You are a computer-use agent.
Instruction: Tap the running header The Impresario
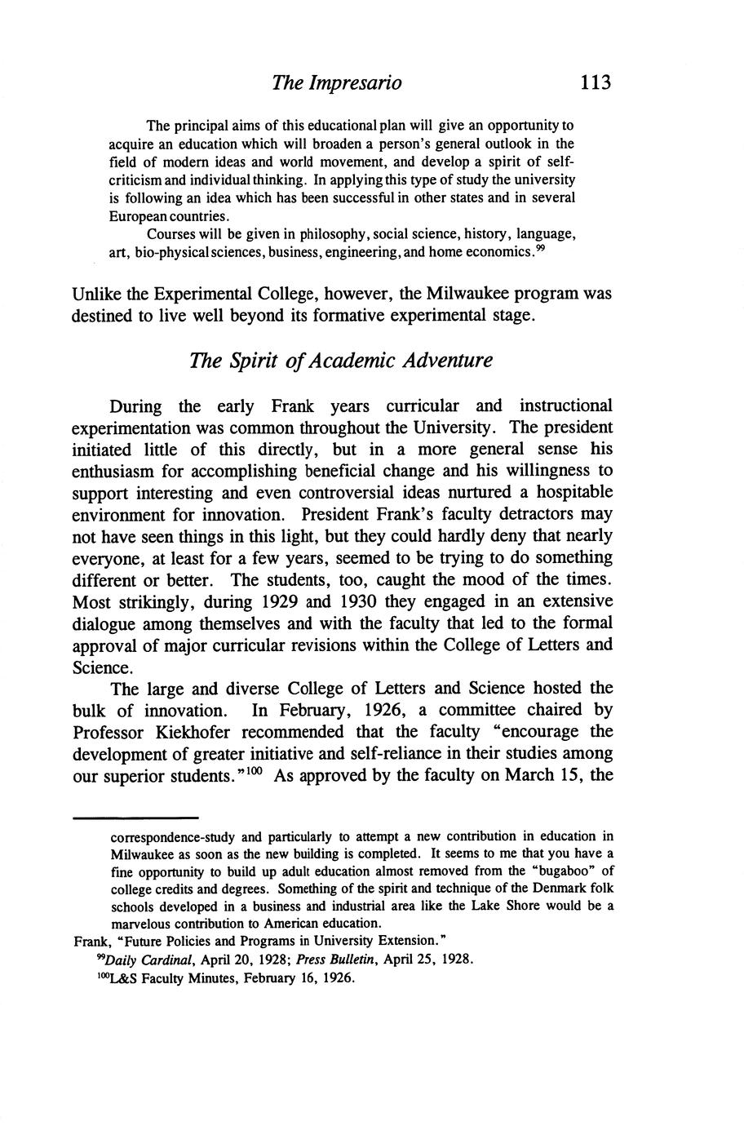click(337, 82)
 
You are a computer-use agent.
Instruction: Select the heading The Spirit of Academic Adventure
click(341, 360)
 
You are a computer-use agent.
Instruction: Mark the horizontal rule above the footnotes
click(136, 817)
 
